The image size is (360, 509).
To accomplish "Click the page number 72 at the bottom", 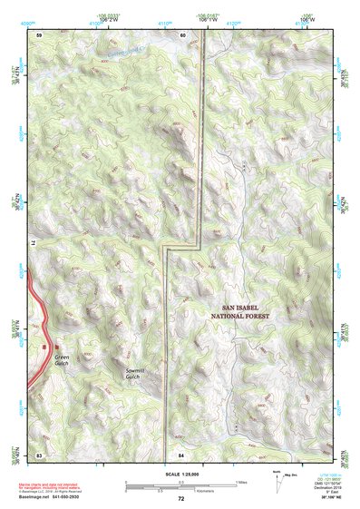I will pos(180,498).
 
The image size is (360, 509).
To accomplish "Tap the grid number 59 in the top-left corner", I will pos(40,34).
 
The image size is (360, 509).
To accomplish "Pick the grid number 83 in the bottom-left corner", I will pos(40,452).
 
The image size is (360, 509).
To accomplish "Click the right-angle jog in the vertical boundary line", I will pos(167,246).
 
